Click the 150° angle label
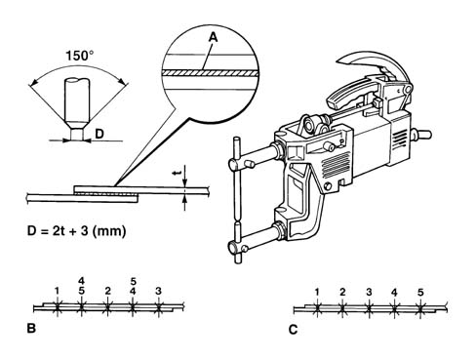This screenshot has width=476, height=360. [x=80, y=56]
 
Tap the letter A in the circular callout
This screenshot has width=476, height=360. [x=213, y=38]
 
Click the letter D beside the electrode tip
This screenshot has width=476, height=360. [x=99, y=134]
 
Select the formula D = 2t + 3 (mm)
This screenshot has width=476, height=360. [x=76, y=231]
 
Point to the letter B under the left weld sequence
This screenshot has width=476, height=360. [x=31, y=329]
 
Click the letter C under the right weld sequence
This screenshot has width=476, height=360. [x=293, y=330]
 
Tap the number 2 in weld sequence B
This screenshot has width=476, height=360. [x=108, y=291]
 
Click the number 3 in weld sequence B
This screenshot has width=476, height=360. [x=158, y=291]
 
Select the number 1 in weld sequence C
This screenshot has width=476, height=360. [x=317, y=292]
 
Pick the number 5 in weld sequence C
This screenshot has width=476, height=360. [x=420, y=292]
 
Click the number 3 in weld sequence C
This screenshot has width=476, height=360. [x=369, y=292]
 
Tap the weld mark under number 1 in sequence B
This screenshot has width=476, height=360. [x=58, y=306]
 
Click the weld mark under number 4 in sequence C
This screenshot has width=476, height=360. [x=394, y=308]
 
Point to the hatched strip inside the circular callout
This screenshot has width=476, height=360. [x=211, y=73]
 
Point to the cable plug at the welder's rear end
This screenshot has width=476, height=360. [x=421, y=134]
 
